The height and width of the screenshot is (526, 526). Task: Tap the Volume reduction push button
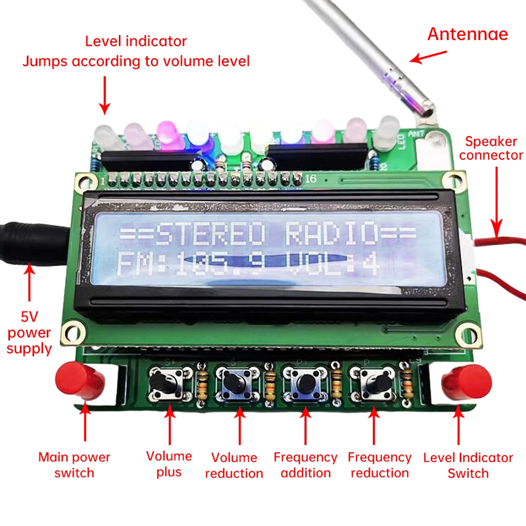235,382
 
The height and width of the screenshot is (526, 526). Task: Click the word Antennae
468,34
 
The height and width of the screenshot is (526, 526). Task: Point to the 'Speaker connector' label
494,148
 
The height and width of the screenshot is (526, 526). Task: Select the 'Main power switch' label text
74,465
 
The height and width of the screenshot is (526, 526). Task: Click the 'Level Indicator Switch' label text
468,465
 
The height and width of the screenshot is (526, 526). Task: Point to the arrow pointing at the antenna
428,57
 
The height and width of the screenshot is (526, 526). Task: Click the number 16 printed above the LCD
311,179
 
